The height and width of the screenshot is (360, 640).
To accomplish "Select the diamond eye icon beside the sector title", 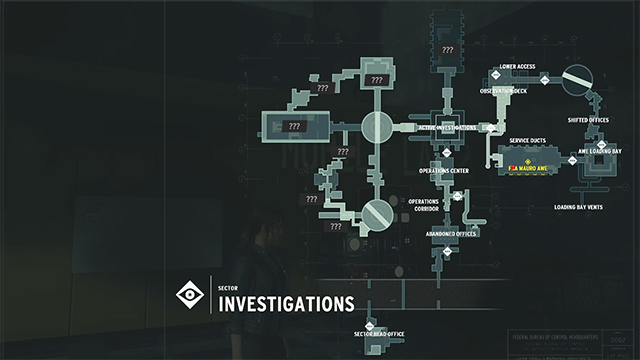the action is [x=187, y=295].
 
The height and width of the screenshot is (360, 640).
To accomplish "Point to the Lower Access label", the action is [x=517, y=66].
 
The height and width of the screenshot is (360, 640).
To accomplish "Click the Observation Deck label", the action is [x=503, y=91].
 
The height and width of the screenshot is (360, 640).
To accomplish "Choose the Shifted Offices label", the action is [x=587, y=119].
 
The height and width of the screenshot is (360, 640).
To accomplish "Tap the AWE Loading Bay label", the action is [x=600, y=151].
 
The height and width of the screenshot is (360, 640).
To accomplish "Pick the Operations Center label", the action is [x=444, y=171].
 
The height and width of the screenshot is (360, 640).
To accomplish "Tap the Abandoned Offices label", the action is [x=450, y=233].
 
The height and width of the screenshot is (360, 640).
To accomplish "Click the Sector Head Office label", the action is [x=379, y=333].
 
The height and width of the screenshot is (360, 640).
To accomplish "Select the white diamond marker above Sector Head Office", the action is [x=368, y=324].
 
